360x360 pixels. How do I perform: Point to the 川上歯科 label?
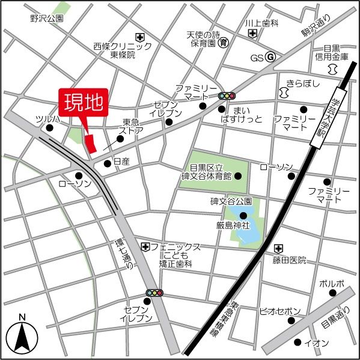tap(262, 23)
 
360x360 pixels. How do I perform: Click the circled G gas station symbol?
tap(270, 58)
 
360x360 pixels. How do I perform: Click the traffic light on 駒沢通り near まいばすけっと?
tap(227, 96)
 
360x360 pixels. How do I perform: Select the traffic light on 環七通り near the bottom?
tap(154, 293)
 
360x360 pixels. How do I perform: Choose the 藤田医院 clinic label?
tap(288, 260)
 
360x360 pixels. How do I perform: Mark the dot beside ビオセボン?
tap(291, 320)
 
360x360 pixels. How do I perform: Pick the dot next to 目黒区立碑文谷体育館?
tap(238, 176)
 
